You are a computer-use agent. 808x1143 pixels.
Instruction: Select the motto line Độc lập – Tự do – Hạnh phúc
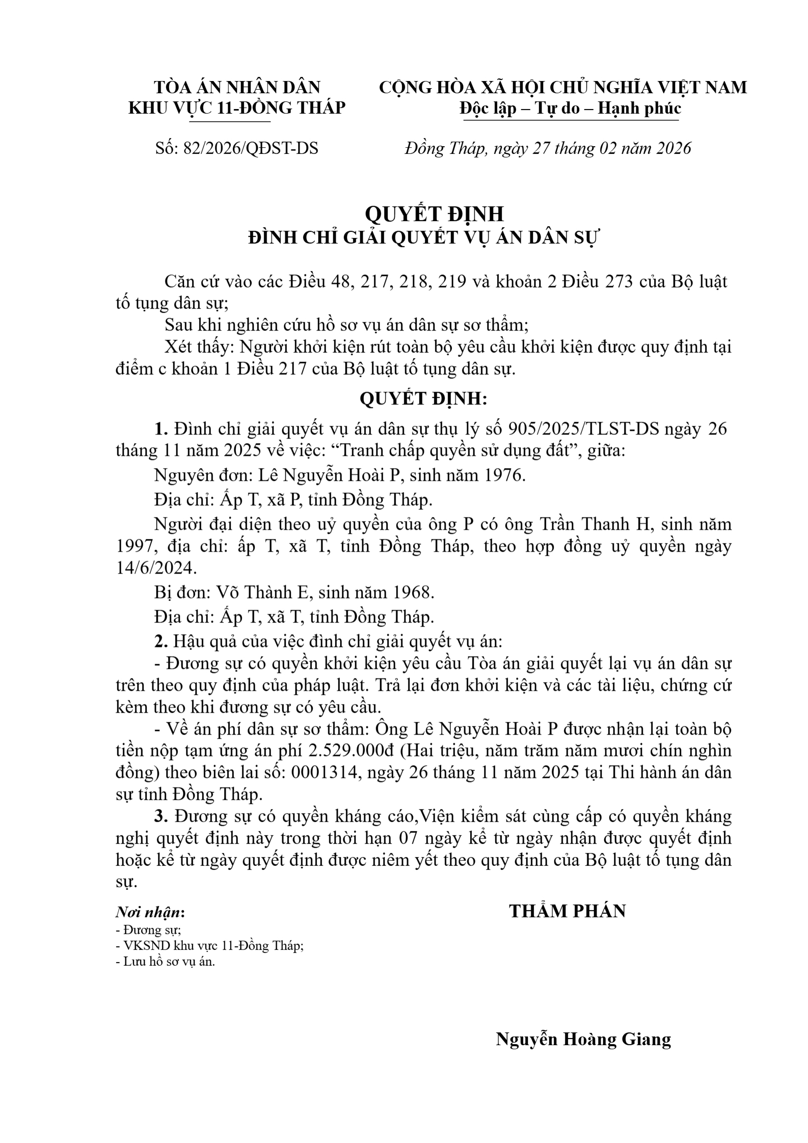(x=570, y=108)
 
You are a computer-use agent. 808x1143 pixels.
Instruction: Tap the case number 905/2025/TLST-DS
(x=583, y=429)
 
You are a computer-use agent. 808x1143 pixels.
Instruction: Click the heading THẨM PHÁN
(x=568, y=911)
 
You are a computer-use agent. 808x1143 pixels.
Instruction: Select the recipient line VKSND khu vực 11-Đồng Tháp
(x=210, y=945)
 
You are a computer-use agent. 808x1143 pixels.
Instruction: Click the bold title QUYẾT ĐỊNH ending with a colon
(x=423, y=398)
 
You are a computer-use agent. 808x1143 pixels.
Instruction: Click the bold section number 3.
(x=161, y=816)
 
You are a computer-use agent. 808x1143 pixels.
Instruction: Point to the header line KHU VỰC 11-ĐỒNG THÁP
(x=236, y=108)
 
